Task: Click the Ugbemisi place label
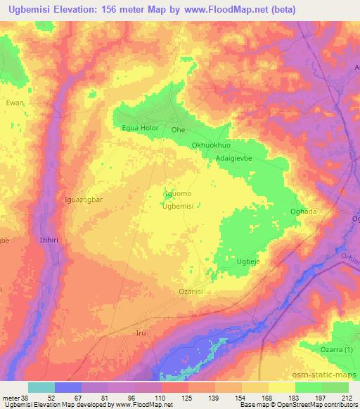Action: pyautogui.click(x=177, y=206)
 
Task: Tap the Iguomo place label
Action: pyautogui.click(x=177, y=193)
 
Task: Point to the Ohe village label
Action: pyautogui.click(x=178, y=130)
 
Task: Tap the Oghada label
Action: pyautogui.click(x=304, y=212)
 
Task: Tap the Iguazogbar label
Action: pyautogui.click(x=83, y=199)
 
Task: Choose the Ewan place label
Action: pyautogui.click(x=15, y=103)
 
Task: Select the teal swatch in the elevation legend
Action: pyautogui.click(x=41, y=387)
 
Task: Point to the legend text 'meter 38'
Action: pyautogui.click(x=14, y=397)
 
